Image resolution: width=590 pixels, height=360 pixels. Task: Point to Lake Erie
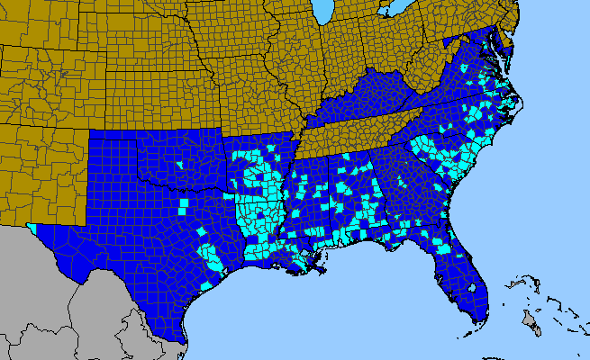click(x=393, y=12)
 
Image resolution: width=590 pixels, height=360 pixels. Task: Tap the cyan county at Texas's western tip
click(x=34, y=226)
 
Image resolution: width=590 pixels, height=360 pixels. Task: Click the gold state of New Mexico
click(x=45, y=171)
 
